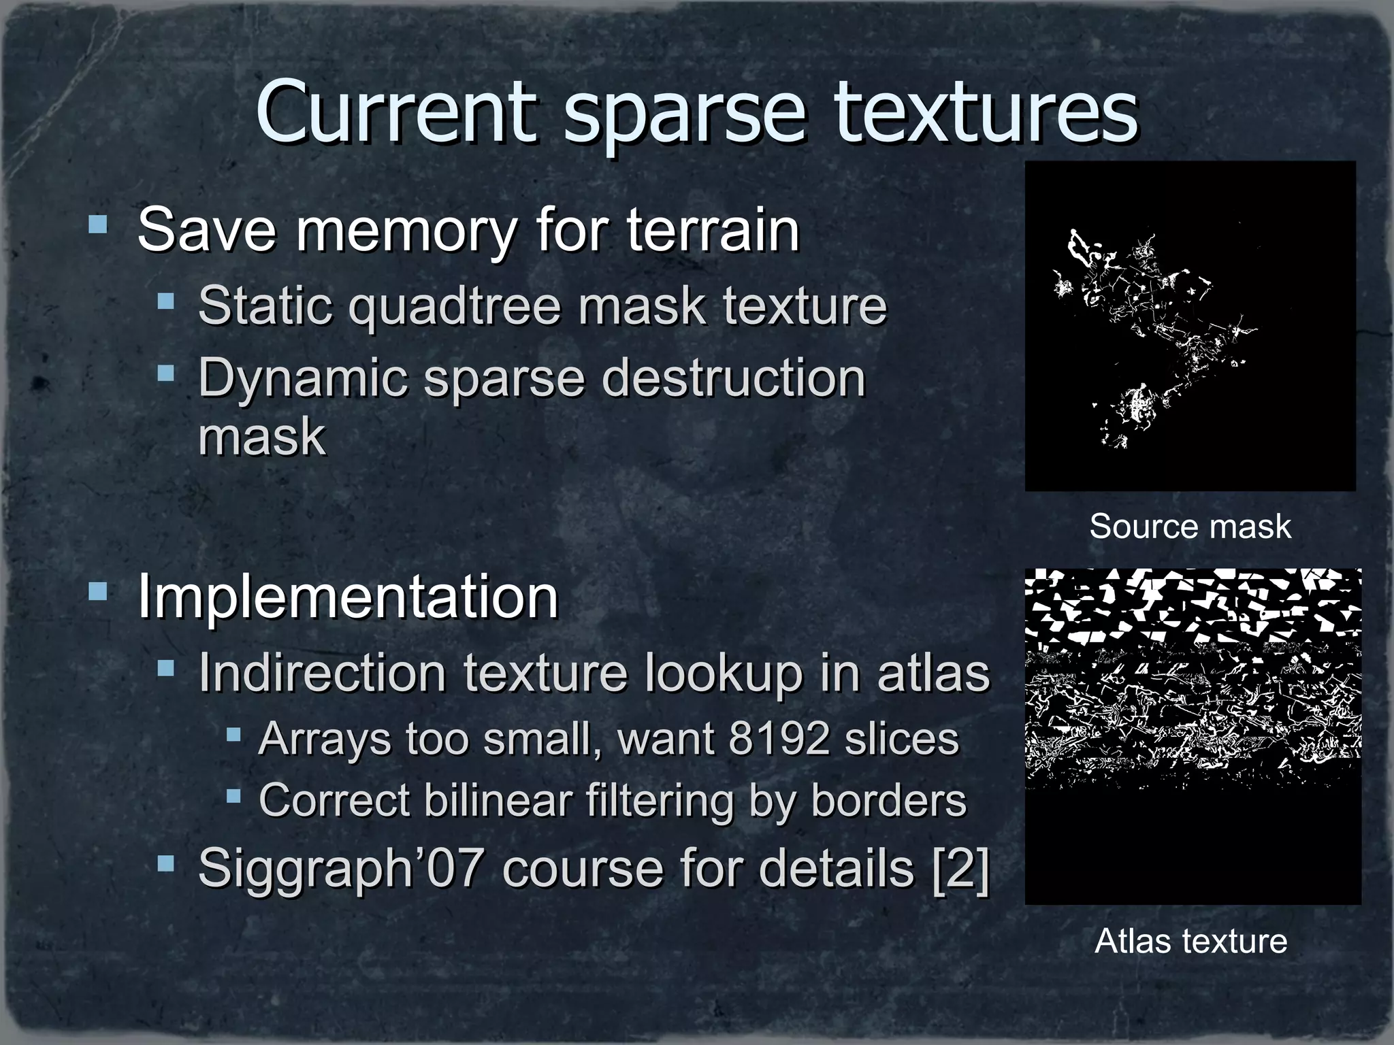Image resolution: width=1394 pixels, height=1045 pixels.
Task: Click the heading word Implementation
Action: tap(348, 597)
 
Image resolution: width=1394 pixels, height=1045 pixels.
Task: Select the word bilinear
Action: tap(498, 800)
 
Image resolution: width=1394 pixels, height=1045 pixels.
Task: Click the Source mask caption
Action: tap(1190, 527)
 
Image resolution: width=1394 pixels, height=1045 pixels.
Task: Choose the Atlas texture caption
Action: tap(1190, 942)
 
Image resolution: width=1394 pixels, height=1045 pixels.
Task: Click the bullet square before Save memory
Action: tap(98, 224)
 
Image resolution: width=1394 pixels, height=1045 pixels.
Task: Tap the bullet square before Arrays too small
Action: tap(233, 735)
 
